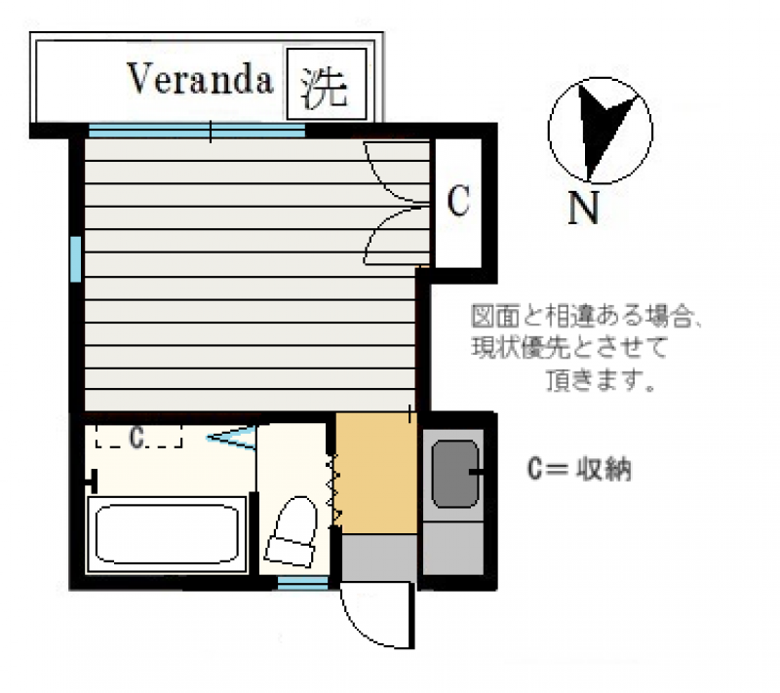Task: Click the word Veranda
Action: point(200,79)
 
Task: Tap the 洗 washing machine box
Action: point(327,84)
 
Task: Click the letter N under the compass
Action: point(583,208)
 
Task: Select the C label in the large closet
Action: point(457,201)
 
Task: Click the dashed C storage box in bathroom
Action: point(138,437)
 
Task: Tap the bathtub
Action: point(167,534)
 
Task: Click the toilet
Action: point(292,531)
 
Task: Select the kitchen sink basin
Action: point(454,474)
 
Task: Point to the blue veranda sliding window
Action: point(197,131)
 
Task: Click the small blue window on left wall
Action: point(76,259)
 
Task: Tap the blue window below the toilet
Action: point(302,585)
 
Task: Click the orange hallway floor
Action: point(376,473)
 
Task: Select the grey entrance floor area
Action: point(379,558)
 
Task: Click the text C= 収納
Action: point(579,469)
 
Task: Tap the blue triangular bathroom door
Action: point(233,437)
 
